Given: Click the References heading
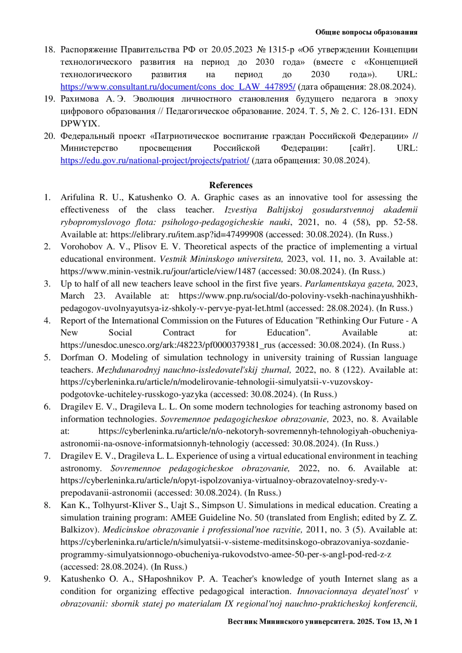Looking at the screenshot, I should [231, 185].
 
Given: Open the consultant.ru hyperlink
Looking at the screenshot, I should [177, 87].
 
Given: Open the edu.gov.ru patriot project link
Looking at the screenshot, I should [155, 160].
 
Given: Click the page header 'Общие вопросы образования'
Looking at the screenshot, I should [366, 32].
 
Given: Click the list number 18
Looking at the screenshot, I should [49, 50].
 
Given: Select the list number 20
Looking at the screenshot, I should [49, 136].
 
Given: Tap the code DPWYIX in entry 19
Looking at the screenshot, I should [80, 124].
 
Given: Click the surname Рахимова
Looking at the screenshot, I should [80, 99].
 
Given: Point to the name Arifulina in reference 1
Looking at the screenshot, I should [77, 197].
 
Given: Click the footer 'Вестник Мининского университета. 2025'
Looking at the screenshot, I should [301, 621].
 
